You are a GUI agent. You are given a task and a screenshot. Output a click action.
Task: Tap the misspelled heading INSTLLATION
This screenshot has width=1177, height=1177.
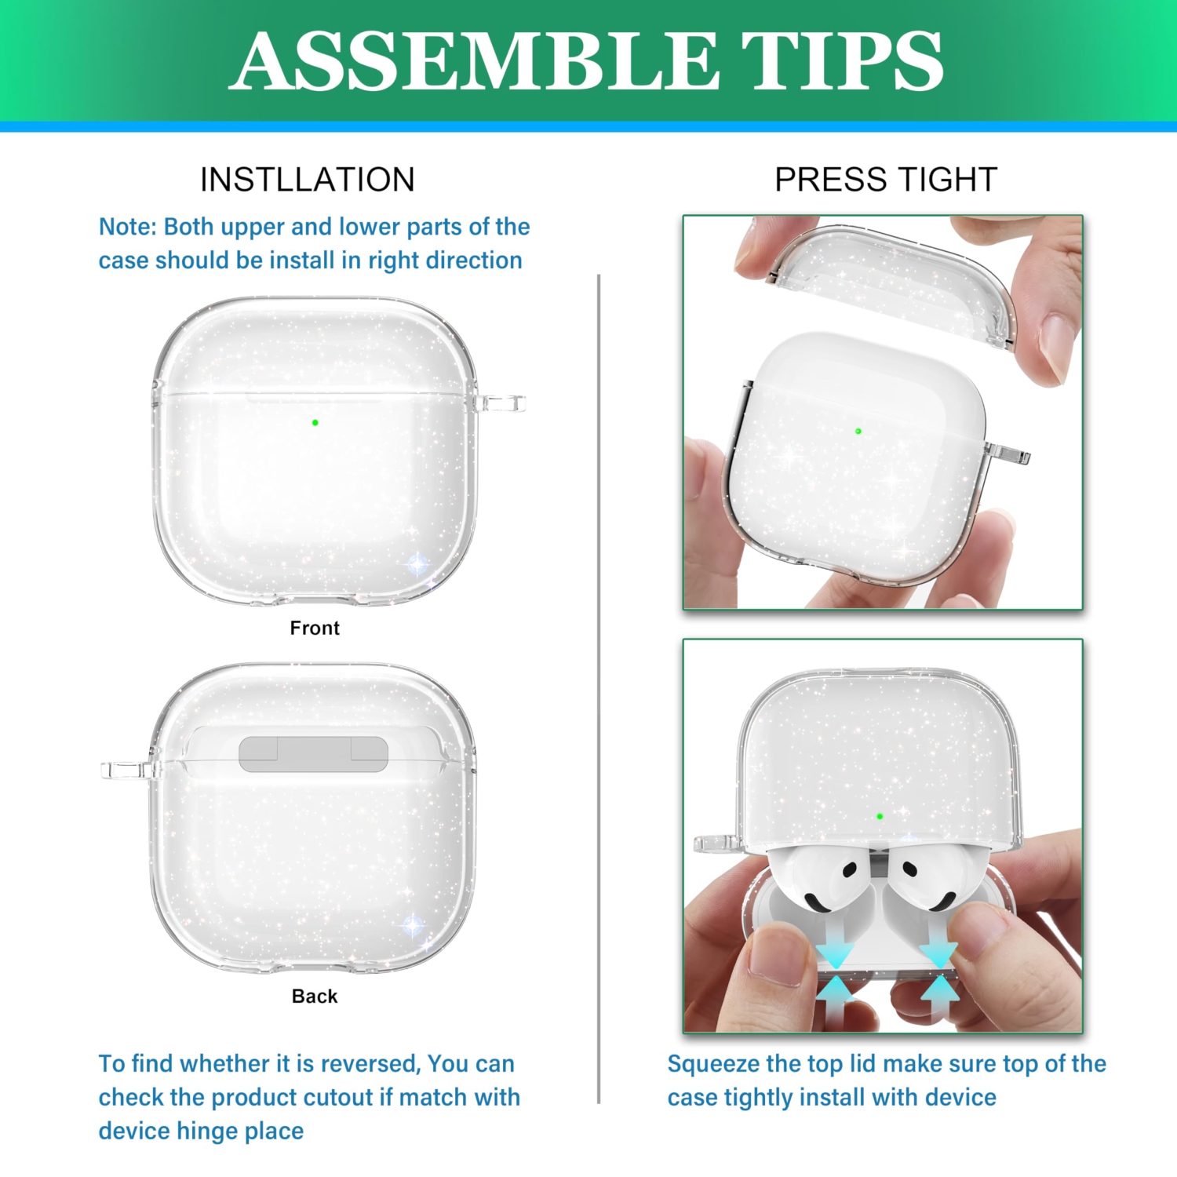point(307,180)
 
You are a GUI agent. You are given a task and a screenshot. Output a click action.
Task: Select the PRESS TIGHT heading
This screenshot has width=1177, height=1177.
point(885,180)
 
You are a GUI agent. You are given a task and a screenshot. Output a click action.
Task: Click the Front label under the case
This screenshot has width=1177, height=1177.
point(314,628)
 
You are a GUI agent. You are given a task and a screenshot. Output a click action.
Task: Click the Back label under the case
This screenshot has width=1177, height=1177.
point(314,996)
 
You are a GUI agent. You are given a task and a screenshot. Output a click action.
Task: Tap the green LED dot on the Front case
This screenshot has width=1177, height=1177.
point(315,422)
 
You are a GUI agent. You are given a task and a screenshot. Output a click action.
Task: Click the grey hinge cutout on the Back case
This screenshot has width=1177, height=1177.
point(313,754)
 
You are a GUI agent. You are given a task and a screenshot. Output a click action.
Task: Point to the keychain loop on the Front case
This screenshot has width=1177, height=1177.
point(502,403)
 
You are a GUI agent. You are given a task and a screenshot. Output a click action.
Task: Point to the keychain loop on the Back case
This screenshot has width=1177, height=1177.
point(126,770)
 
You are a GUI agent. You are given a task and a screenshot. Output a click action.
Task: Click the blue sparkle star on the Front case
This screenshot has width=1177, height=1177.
point(417,563)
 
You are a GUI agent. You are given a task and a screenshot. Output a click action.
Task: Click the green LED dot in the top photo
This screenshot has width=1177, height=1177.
point(858,431)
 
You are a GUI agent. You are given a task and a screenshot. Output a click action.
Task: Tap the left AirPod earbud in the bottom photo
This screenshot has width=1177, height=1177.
point(820,879)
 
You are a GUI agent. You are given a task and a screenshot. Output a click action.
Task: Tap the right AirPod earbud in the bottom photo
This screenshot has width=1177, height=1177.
point(926,879)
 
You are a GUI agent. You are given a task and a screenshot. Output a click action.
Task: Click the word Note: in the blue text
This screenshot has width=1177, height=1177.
point(127,227)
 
